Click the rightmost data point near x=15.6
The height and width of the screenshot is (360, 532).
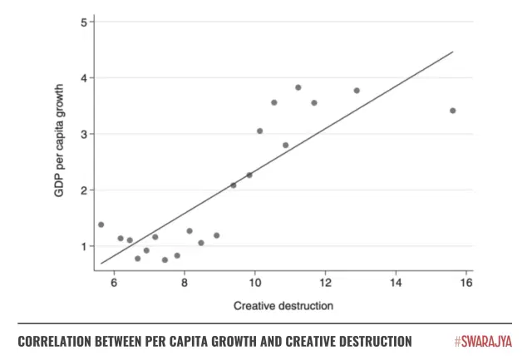click(x=452, y=111)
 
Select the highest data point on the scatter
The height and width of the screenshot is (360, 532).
click(x=298, y=87)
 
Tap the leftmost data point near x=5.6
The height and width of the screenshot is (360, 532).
click(x=101, y=224)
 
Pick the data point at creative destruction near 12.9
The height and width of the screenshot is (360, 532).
click(x=357, y=91)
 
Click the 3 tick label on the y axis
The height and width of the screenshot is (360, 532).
click(x=83, y=134)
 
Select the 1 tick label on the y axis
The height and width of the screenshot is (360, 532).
click(x=83, y=246)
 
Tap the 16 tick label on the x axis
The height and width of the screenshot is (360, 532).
click(x=466, y=282)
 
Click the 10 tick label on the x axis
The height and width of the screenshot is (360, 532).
click(x=254, y=282)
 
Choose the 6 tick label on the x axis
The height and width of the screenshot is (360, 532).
click(x=114, y=282)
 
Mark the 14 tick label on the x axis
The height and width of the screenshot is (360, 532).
click(x=396, y=282)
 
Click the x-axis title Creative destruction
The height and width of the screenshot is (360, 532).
click(x=283, y=305)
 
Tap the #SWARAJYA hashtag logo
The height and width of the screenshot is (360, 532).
click(x=484, y=342)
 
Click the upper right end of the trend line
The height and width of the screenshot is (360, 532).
click(x=452, y=52)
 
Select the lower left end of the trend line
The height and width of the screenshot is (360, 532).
click(x=101, y=264)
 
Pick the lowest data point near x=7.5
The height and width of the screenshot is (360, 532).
click(x=165, y=259)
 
